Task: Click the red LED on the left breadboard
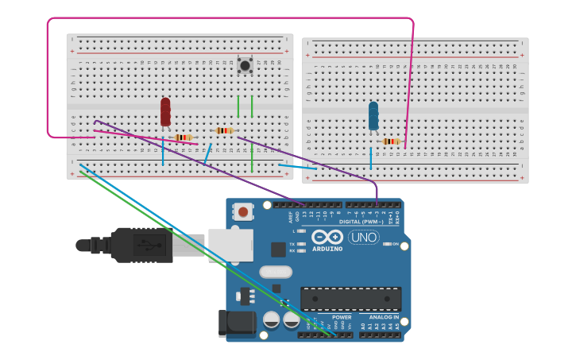point(165,112)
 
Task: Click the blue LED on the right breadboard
point(373,116)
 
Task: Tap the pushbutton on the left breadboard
point(245,65)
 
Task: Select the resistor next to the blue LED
point(390,141)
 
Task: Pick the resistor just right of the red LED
point(184,137)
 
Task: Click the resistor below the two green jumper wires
point(225,130)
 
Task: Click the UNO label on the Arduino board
point(364,237)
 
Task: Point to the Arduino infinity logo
point(327,237)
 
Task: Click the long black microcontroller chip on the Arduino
point(350,299)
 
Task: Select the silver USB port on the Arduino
point(230,245)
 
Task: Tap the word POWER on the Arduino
point(342,316)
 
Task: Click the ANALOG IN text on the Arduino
point(385,316)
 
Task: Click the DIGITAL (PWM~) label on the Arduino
point(361,222)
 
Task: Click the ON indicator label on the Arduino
point(394,244)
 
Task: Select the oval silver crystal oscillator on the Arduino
point(276,272)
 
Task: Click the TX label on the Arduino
point(292,244)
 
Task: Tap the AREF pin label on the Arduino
point(289,215)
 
